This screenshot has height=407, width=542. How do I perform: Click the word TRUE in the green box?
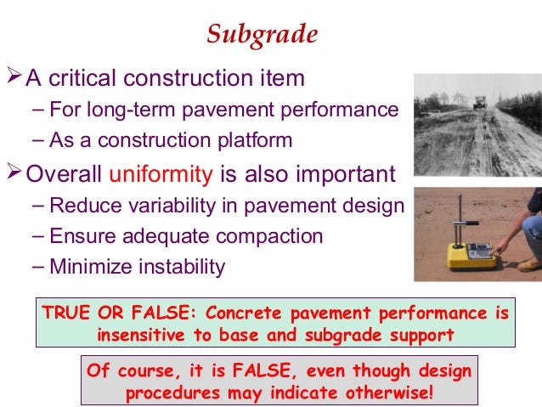pos(64,314)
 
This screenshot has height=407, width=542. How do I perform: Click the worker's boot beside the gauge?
pos(529,263)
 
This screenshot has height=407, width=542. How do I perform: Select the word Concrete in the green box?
pos(240,314)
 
